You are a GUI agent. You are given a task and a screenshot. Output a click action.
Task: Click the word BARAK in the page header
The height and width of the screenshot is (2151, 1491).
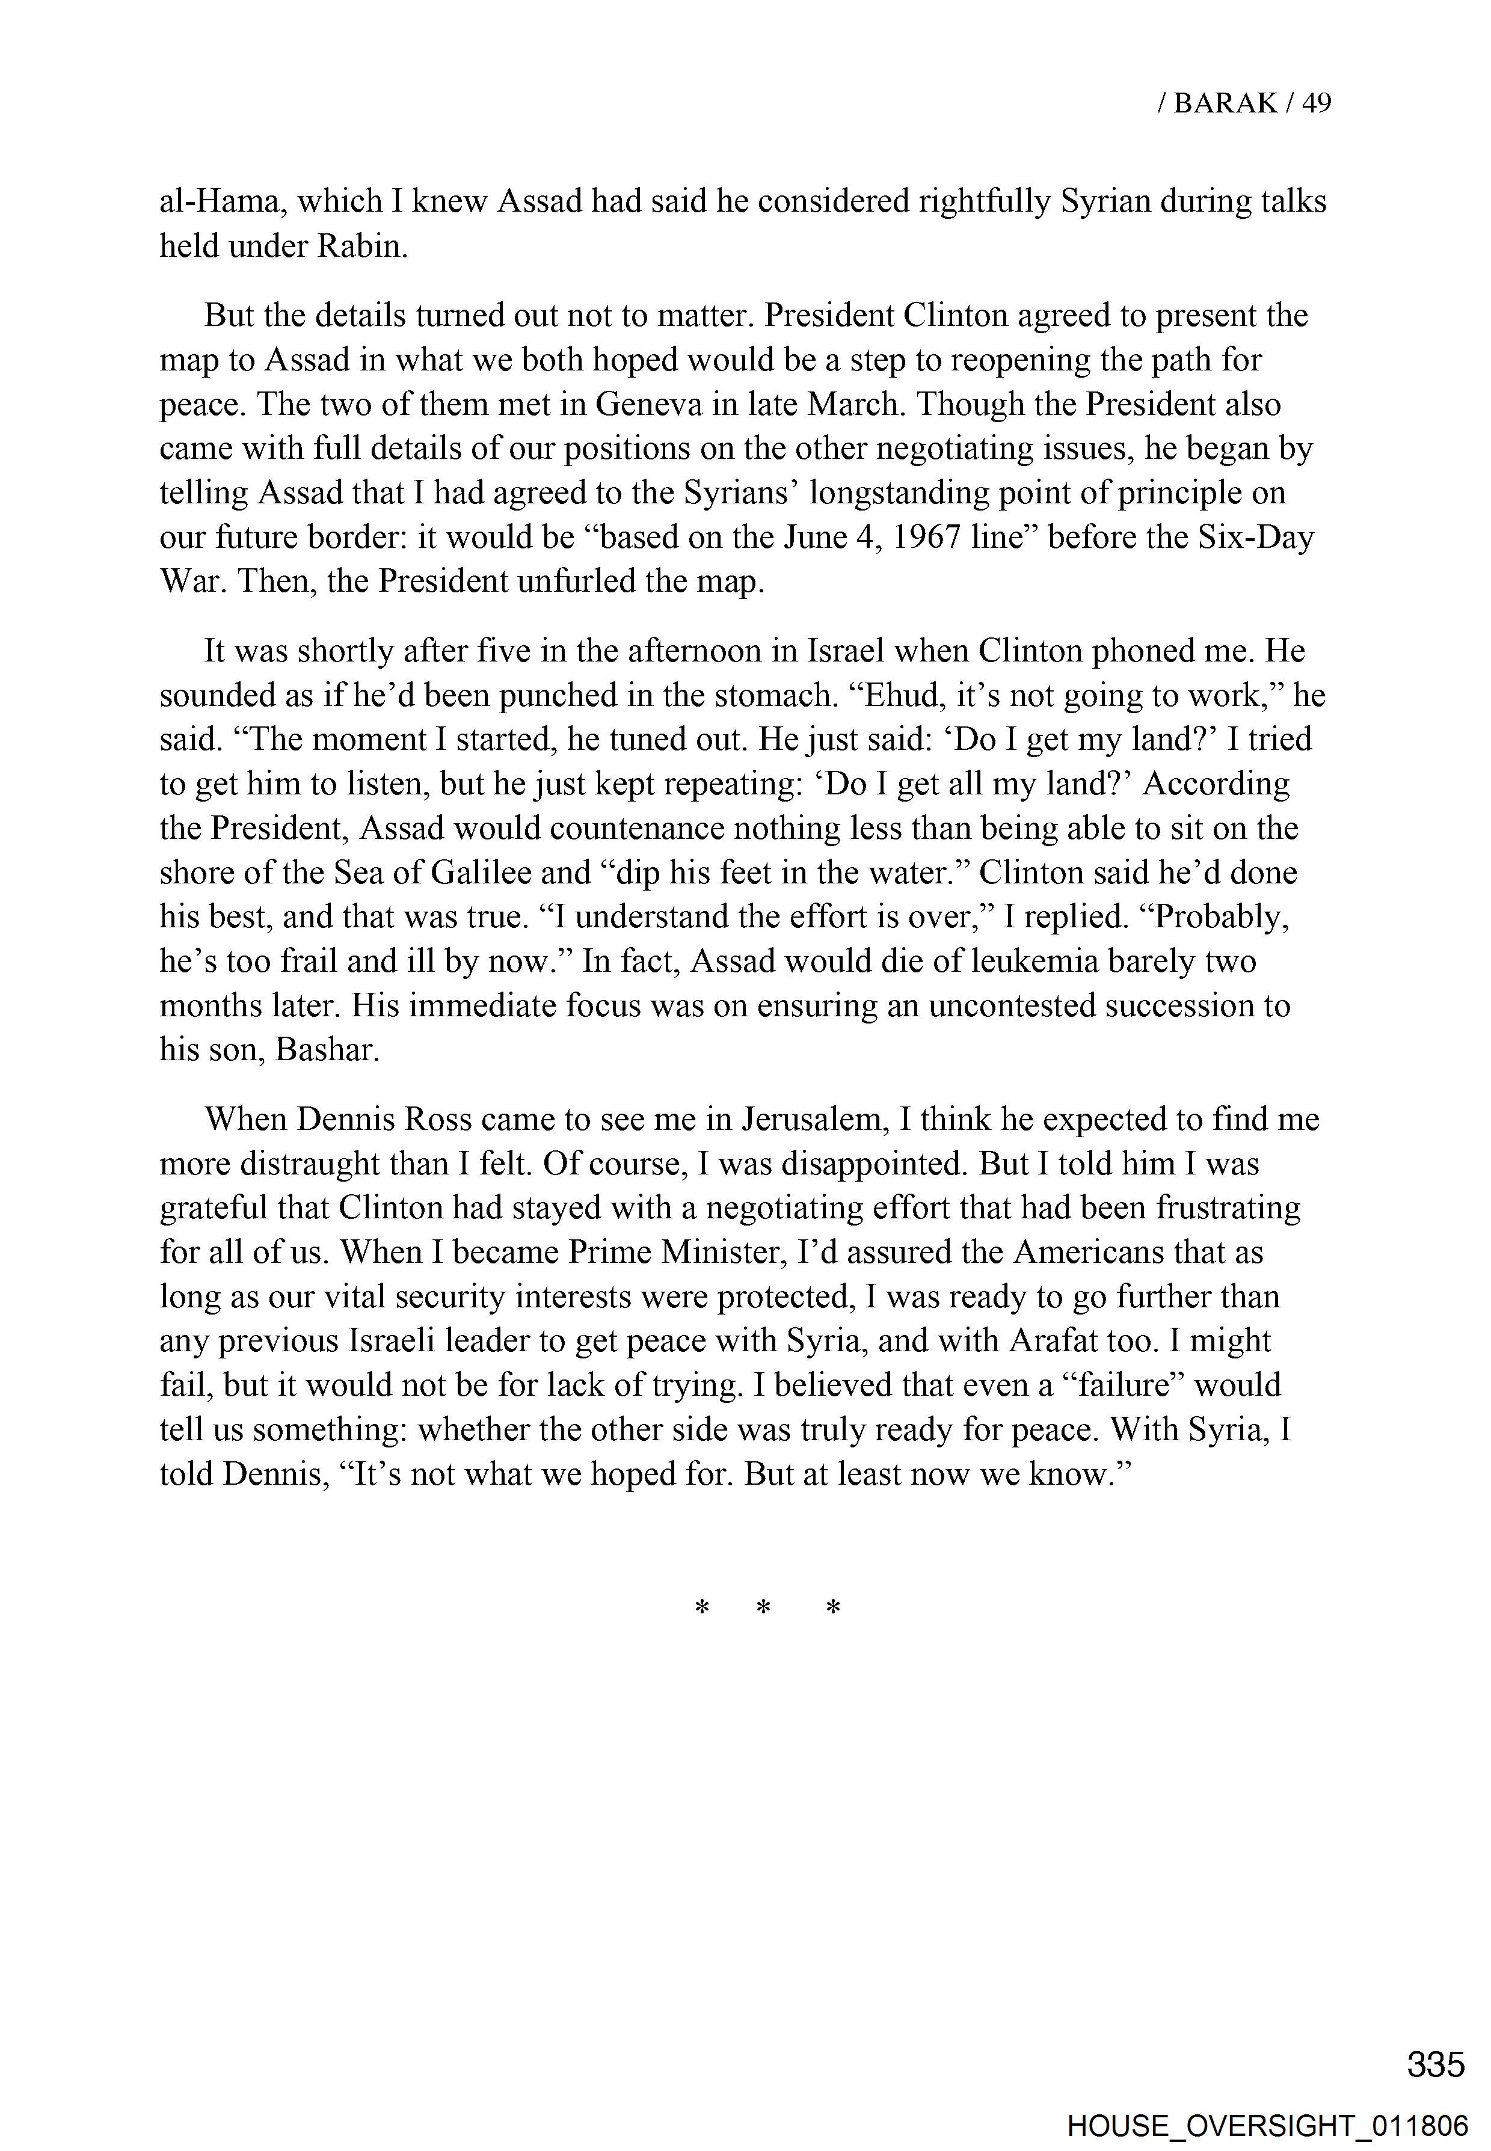click(x=1225, y=103)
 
